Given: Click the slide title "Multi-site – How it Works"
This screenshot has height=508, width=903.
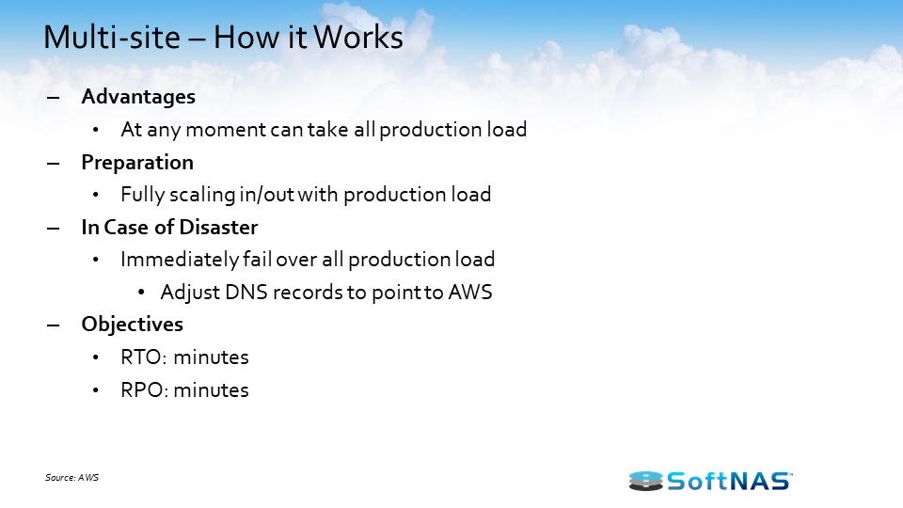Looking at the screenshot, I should click(x=224, y=39).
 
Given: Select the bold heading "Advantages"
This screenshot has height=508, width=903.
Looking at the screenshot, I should click(x=138, y=97).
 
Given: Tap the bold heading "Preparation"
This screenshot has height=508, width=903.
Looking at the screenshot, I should click(x=137, y=163).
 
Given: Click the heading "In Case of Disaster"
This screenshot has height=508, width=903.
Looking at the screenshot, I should click(x=169, y=228).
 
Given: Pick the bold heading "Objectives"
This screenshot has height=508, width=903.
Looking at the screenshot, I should click(x=133, y=325).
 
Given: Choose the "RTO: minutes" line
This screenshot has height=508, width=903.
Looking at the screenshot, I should click(x=184, y=357).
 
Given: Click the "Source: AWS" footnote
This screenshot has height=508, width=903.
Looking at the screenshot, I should click(x=71, y=478).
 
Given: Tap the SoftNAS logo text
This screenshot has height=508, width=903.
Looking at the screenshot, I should click(x=730, y=481).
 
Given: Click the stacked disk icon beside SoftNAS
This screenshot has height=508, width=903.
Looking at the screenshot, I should click(x=645, y=481).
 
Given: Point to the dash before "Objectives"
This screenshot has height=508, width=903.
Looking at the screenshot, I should click(x=53, y=325).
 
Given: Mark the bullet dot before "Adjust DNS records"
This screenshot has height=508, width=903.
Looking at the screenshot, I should click(x=140, y=293).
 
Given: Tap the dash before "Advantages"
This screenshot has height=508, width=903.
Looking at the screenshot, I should click(x=53, y=97).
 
